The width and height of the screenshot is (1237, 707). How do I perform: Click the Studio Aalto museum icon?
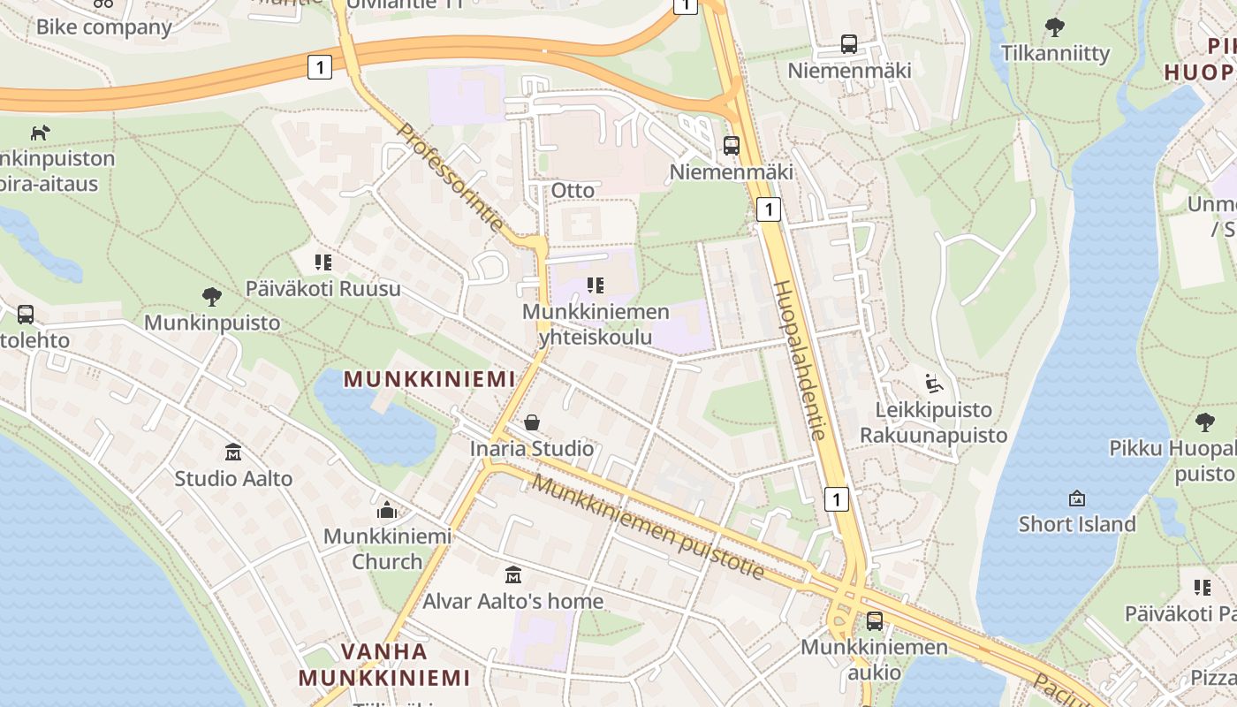pos(233,452)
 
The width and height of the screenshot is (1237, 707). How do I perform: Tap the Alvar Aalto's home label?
pos(513,601)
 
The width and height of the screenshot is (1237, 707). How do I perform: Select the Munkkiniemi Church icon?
pos(387,510)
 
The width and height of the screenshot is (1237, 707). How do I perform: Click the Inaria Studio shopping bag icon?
pos(532,422)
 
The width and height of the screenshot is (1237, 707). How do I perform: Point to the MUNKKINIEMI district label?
pos(429,379)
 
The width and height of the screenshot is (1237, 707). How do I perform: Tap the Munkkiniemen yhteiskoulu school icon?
pos(596,285)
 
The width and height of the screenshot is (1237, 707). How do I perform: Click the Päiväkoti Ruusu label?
pos(323,289)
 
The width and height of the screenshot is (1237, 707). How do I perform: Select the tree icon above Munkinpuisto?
pos(211,296)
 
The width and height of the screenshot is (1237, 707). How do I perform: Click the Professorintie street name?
pos(450,178)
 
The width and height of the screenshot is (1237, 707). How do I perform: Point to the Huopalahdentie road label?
pos(799,360)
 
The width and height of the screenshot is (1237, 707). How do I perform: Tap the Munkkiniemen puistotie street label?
pos(648,528)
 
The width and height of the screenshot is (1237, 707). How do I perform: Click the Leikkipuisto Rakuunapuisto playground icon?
pos(933,384)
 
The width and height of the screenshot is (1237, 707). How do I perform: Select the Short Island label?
pos(1076,524)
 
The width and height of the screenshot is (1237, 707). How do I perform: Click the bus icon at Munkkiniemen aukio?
pos(874,621)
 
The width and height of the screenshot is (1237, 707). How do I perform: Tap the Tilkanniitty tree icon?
pos(1054,27)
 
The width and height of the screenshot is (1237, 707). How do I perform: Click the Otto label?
pos(573,190)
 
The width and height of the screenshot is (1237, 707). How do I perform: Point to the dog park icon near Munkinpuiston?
pos(40,133)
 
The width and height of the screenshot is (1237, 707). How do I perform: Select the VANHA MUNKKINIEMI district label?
pos(383,665)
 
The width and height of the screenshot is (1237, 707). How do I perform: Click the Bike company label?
pos(103,27)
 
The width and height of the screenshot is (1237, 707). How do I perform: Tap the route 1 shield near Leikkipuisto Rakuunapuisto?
pos(837,499)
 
